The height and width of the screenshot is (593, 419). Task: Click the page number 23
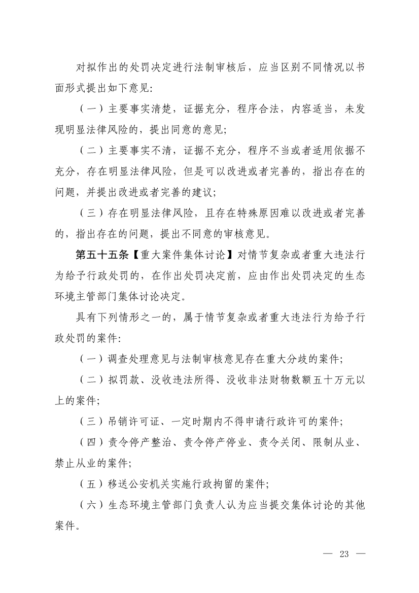pyautogui.click(x=345, y=553)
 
